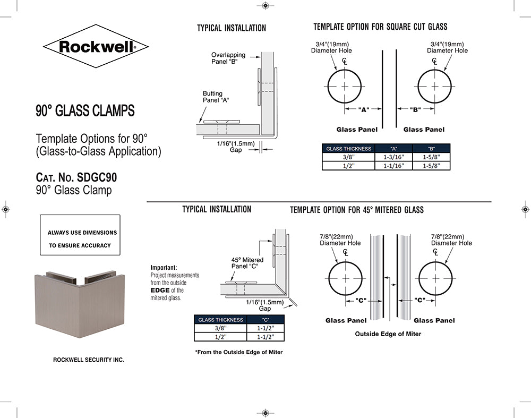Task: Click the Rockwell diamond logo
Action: (x=96, y=47)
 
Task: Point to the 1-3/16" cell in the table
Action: (x=393, y=157)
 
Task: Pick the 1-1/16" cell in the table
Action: (x=393, y=166)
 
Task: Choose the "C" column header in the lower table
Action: (x=265, y=320)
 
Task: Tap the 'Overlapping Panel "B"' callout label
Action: (x=228, y=58)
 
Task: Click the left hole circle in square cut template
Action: (x=345, y=86)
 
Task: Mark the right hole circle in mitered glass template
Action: (x=436, y=279)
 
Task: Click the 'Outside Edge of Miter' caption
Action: (x=388, y=334)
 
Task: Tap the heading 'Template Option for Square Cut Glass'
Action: (x=380, y=27)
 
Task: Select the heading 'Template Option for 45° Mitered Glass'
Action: (x=357, y=210)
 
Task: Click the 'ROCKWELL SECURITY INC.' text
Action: (x=89, y=360)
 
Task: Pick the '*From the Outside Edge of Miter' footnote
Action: (x=239, y=352)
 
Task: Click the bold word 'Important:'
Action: (x=164, y=268)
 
